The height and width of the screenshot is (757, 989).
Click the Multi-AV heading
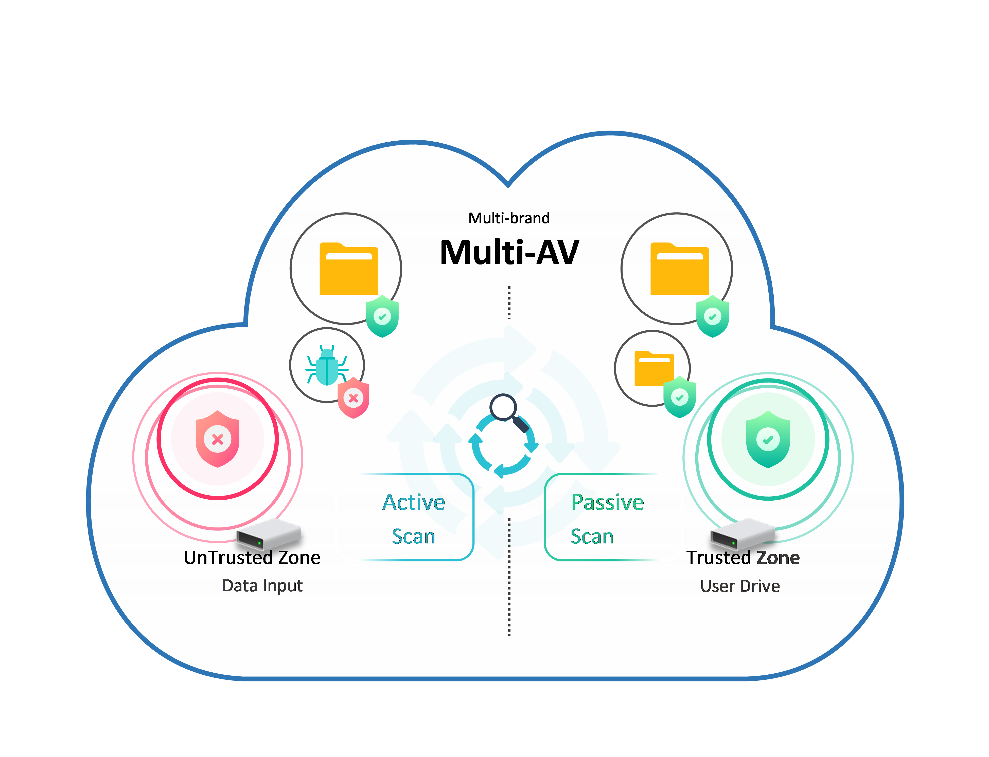(x=509, y=252)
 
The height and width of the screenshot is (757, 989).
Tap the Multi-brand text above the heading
(x=509, y=218)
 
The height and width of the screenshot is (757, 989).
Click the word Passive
(x=607, y=502)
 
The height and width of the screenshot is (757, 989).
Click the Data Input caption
(x=262, y=585)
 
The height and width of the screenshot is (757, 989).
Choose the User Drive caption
(x=740, y=586)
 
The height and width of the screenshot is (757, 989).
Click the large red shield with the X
(x=217, y=439)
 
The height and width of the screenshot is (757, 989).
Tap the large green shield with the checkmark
(x=768, y=439)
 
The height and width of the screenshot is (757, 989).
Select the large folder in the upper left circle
(x=349, y=269)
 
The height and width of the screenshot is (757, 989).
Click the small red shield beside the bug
(x=354, y=398)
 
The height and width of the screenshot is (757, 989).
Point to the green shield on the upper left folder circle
(x=382, y=316)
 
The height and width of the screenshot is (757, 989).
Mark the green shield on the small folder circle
(x=680, y=397)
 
